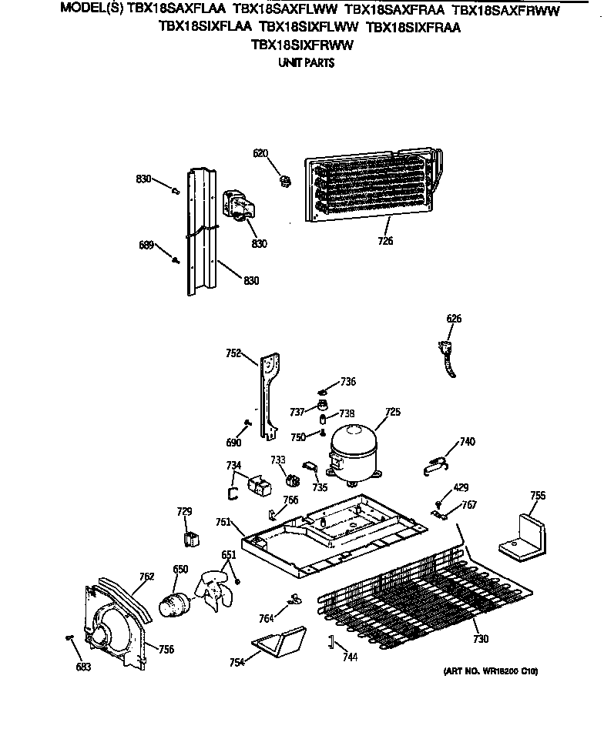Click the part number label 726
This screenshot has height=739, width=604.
(x=385, y=241)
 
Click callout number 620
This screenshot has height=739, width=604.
(x=260, y=153)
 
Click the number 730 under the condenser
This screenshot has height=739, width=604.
(x=480, y=639)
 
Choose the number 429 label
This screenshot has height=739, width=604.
(x=460, y=488)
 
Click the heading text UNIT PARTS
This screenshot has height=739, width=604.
(x=306, y=63)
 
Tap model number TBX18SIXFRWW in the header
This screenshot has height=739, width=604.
(x=302, y=45)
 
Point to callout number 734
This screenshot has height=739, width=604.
(x=233, y=466)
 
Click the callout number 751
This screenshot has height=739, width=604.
(x=223, y=522)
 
